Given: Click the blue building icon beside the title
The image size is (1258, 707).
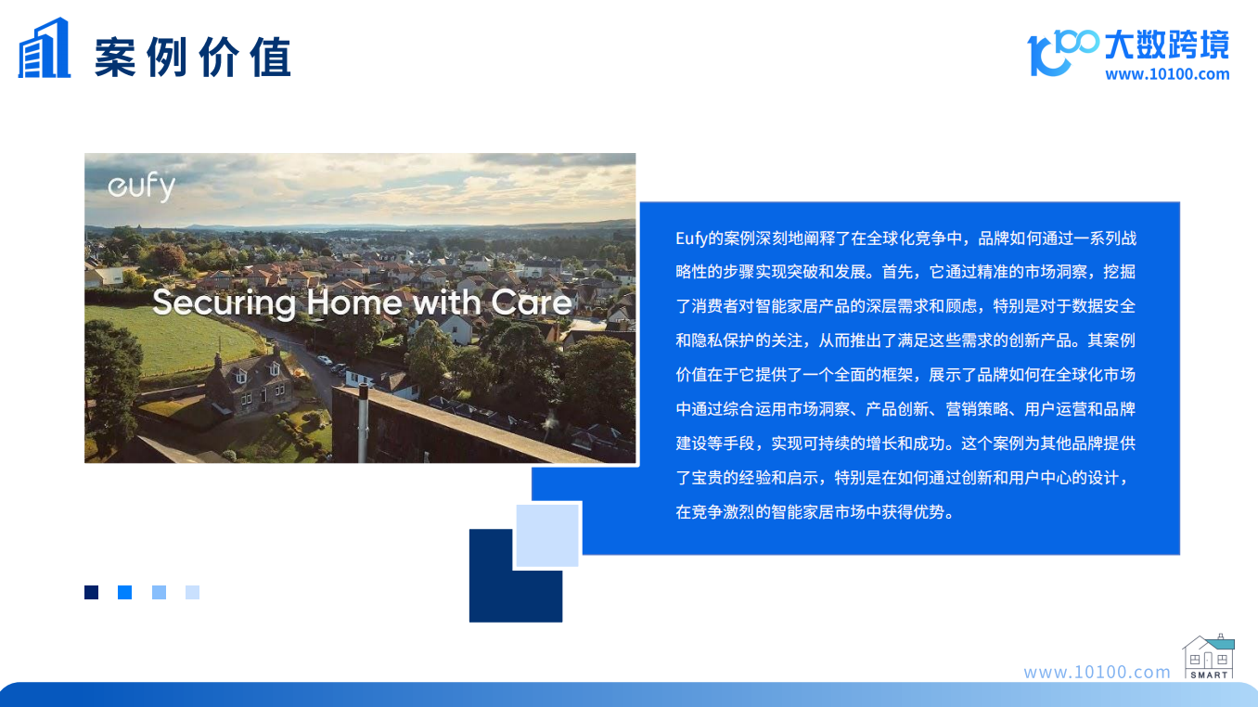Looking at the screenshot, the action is [45, 47].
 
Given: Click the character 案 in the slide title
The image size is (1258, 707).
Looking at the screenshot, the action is [115, 57].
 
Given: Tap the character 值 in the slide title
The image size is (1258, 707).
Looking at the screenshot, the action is [271, 57].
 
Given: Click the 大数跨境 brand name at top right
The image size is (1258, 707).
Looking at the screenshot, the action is [1167, 45].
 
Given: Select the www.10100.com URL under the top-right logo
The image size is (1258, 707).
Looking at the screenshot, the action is [1167, 74].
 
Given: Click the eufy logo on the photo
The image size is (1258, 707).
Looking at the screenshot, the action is [142, 187].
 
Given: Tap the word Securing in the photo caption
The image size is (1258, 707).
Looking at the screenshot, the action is [225, 303].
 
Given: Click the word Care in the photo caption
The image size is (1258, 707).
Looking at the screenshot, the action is [532, 302].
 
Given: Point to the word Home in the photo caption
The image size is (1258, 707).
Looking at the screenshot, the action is [354, 302].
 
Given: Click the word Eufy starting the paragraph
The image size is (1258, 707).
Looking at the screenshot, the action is [691, 238].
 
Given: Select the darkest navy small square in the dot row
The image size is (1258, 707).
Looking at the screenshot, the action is [92, 593].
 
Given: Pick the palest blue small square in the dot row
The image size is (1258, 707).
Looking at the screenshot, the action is [193, 593].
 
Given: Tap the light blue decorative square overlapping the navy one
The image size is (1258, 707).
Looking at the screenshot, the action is [547, 535].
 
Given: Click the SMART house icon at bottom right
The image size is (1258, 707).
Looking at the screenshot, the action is [1209, 657].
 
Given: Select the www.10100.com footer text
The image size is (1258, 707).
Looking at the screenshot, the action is [1097, 672].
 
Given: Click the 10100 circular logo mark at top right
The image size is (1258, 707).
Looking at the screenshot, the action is [1062, 52].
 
